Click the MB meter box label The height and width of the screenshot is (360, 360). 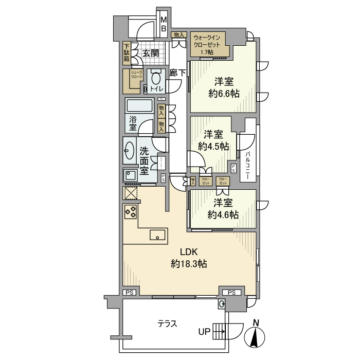click(x=164, y=25)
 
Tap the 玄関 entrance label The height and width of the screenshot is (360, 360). click(x=150, y=53)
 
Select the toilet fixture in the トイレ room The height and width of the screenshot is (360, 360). click(x=156, y=81)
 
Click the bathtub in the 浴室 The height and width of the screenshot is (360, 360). click(x=139, y=107)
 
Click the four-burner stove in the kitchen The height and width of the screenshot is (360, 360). click(x=130, y=212)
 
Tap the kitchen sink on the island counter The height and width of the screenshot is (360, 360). click(x=157, y=236)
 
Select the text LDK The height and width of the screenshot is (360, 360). click(x=189, y=252)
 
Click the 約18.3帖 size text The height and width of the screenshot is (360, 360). click(x=189, y=264)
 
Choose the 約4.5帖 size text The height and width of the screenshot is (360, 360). click(x=213, y=146)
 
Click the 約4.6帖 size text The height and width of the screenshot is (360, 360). click(x=224, y=214)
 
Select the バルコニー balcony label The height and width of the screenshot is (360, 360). click(x=247, y=165)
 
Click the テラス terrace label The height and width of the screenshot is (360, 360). click(x=167, y=323)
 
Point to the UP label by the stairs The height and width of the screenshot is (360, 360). click(x=204, y=332)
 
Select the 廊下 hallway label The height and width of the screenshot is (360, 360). click(x=177, y=73)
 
